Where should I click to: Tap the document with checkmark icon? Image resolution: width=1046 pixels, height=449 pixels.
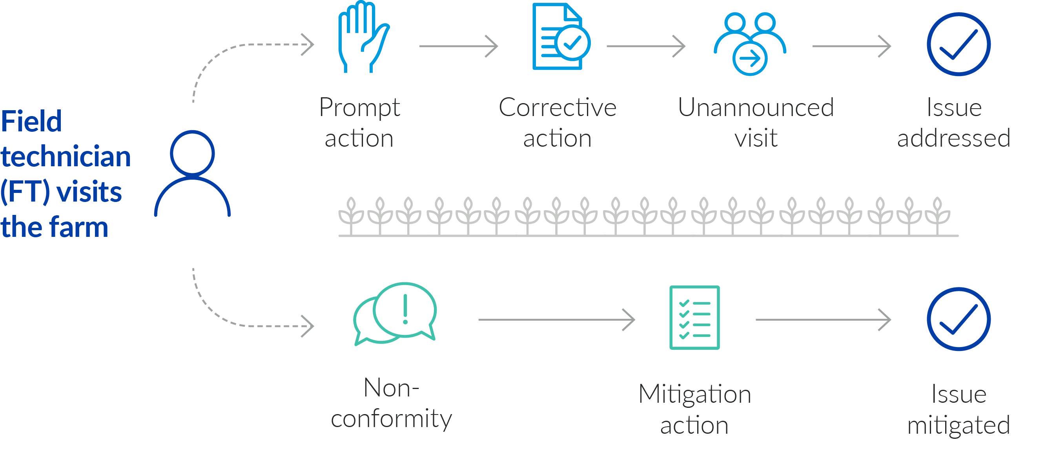tap(560, 37)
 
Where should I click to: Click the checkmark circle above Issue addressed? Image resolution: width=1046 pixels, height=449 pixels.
tap(958, 44)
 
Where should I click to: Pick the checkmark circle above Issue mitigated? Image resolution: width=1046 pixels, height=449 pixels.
tap(958, 319)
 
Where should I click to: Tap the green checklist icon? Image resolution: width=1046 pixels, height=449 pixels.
tap(694, 318)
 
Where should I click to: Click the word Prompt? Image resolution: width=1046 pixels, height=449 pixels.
tap(359, 108)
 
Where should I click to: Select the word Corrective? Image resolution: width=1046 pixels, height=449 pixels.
tap(557, 108)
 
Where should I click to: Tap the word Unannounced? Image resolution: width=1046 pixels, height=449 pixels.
tap(756, 108)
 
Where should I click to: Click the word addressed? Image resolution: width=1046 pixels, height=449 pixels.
tap(953, 138)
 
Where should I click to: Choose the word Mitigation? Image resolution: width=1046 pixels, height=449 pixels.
tap(694, 394)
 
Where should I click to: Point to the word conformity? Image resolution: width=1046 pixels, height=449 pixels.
tap(391, 419)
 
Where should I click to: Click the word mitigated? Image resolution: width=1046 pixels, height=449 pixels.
tap(958, 425)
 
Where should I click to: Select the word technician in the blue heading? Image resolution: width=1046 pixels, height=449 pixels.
tap(66, 157)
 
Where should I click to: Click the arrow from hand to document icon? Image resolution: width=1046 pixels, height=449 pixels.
tap(459, 46)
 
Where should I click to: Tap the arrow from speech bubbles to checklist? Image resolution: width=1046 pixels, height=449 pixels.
tap(556, 320)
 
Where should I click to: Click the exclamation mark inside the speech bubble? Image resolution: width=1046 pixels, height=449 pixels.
tap(405, 309)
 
